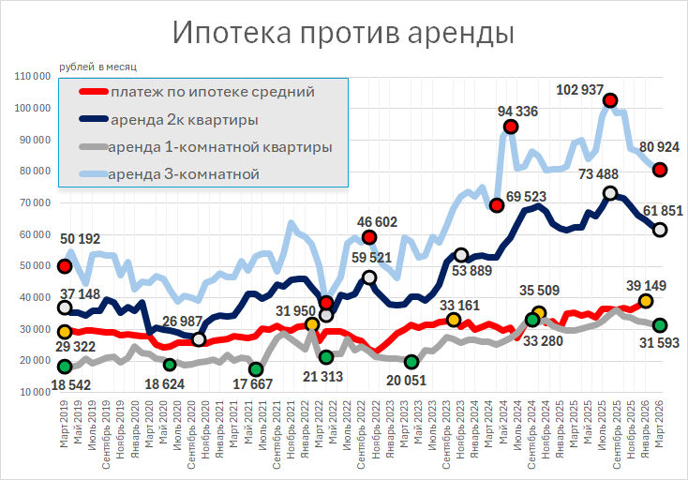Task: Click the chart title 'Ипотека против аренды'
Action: (344, 33)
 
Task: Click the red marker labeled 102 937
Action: (610, 100)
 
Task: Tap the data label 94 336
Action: (517, 112)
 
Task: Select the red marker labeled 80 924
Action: (660, 170)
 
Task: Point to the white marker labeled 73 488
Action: (610, 193)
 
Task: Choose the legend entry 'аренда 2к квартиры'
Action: (184, 120)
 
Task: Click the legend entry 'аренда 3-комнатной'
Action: (184, 174)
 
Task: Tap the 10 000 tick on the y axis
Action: (37, 392)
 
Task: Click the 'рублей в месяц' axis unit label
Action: (97, 66)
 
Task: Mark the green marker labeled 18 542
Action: (65, 367)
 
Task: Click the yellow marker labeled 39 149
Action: (646, 301)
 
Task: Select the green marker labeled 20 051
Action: (411, 362)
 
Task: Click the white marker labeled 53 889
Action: (461, 255)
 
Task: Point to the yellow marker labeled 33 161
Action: (454, 321)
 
